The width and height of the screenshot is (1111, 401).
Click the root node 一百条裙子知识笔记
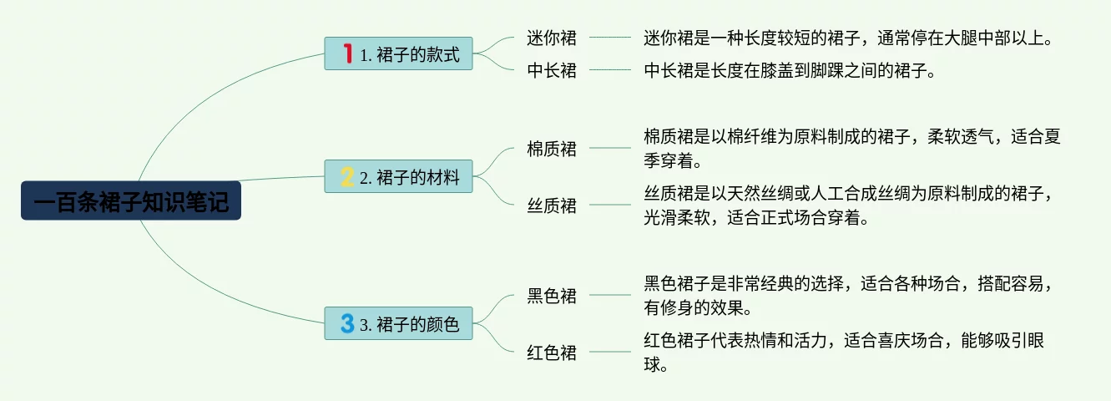131,201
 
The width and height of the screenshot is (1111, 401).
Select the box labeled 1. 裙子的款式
398,54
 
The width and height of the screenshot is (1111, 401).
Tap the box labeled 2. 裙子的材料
398,176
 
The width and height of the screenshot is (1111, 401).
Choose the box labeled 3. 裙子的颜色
398,323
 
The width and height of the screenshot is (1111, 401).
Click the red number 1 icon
347,54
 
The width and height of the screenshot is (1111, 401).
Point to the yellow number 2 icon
347,176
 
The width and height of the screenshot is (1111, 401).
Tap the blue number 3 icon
347,323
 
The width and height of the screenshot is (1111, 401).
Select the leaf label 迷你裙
552,38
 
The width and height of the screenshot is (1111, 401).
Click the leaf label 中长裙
552,70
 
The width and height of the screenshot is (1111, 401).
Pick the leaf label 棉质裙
552,149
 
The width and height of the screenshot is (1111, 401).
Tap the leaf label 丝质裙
552,205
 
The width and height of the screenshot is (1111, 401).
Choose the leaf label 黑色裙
552,295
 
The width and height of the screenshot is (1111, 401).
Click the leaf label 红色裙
552,352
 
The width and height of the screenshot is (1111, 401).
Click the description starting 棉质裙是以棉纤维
851,148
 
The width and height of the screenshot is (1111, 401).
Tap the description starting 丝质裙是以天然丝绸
851,206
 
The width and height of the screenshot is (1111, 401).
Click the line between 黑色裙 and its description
610,295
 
